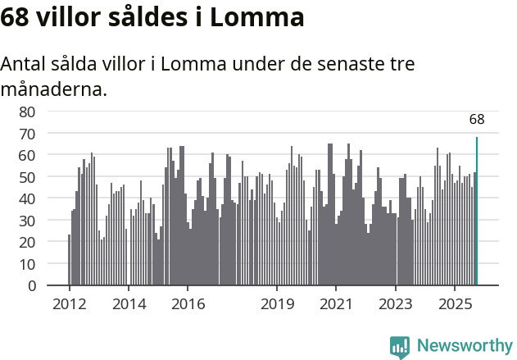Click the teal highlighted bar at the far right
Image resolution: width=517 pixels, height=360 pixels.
[x=477, y=212]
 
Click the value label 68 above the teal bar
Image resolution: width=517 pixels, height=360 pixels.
[x=477, y=120]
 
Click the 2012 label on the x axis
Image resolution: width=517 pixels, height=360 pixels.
[x=69, y=304]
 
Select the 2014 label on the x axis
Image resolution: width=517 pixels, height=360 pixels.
[x=129, y=304]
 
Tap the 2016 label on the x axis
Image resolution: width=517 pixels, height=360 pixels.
[x=188, y=304]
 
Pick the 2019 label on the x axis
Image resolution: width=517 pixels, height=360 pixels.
[x=277, y=304]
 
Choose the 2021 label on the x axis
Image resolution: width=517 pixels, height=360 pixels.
[x=336, y=304]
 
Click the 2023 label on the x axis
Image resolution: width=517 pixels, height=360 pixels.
[x=396, y=304]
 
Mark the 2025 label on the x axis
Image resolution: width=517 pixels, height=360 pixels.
[x=455, y=304]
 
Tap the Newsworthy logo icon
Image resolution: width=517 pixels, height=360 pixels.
[x=400, y=347]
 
